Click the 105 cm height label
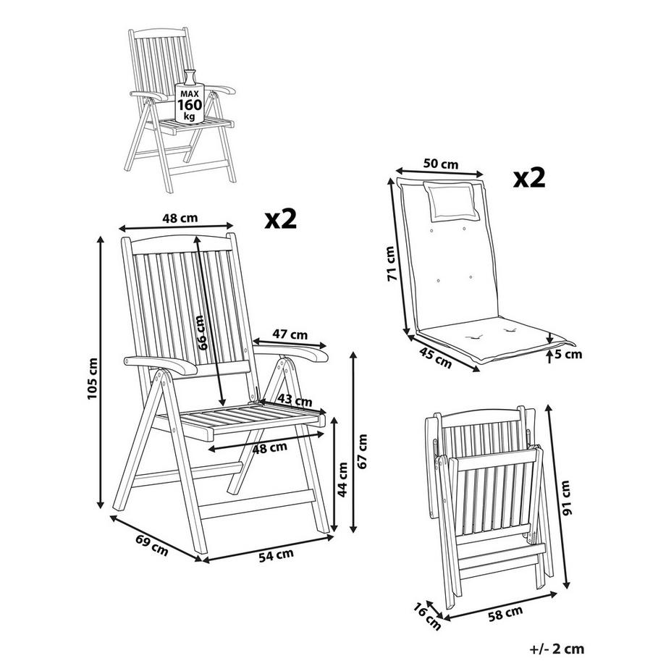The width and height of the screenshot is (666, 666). [x=92, y=379]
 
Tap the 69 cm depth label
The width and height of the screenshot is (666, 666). [x=151, y=545]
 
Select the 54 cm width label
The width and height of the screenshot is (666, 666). [x=276, y=555]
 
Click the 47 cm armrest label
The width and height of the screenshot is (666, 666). [x=290, y=334]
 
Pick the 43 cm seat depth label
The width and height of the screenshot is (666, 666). [x=295, y=400]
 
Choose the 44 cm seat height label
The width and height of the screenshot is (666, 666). [x=342, y=479]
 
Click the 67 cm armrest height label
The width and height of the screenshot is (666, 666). [x=362, y=451]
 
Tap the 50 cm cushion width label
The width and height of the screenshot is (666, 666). [x=441, y=164]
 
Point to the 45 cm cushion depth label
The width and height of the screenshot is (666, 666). [x=435, y=357]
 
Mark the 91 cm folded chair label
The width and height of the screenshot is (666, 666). [x=566, y=497]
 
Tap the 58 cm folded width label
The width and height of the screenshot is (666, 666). [x=505, y=614]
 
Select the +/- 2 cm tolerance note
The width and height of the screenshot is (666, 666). [x=557, y=649]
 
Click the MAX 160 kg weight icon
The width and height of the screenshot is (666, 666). [x=190, y=97]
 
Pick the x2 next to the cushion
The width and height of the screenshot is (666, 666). [x=529, y=177]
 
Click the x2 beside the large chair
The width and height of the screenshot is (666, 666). [x=281, y=219]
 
